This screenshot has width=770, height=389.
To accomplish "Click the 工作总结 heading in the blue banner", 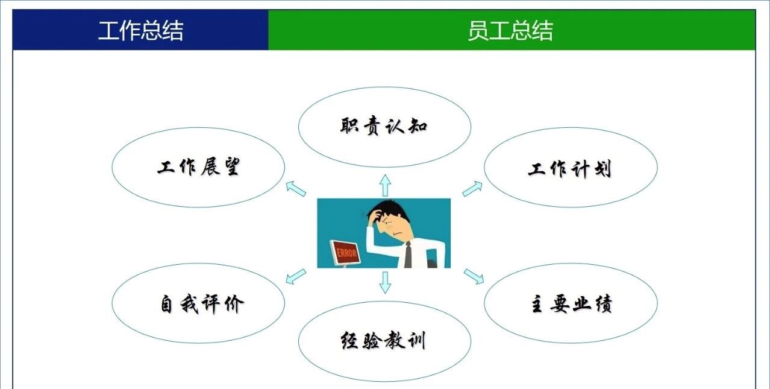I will pos(140,30).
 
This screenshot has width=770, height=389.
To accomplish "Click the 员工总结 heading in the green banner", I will pos(510,30).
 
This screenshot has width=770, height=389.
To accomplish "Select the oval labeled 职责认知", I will pos(384,127).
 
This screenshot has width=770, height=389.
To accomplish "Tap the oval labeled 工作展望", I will pos(198,167).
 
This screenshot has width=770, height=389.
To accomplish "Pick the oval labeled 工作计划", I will pos(570,168).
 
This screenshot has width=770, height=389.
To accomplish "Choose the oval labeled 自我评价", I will pos(198,303).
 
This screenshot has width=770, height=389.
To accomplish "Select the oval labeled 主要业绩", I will pos(570,303).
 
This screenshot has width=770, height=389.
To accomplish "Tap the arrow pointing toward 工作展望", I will pos(295,189).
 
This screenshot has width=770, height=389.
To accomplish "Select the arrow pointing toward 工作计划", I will pos(473,189).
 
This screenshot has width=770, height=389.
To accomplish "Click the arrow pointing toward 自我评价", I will pos(295,276).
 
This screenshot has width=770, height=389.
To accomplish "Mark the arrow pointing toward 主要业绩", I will pos(474,276).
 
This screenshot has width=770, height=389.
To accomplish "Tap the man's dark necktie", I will pos(408,255).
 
